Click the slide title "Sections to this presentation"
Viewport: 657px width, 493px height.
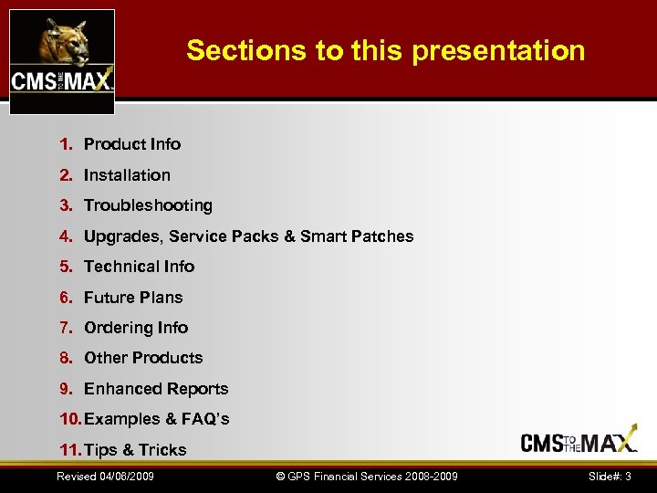(385, 50)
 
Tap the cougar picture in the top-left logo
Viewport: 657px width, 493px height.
(61, 41)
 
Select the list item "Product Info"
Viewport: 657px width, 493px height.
(132, 144)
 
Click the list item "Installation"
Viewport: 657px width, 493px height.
(127, 174)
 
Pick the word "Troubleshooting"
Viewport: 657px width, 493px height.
(148, 205)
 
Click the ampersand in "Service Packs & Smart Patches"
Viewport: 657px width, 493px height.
(290, 236)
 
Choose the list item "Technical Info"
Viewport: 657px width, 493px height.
(139, 267)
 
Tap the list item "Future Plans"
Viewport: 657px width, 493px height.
(133, 298)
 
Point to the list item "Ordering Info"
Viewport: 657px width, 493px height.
(136, 328)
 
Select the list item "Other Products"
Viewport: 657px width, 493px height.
(143, 358)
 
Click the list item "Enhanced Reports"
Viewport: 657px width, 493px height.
(156, 389)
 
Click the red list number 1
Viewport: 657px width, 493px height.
(65, 144)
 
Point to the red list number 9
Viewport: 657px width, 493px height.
(65, 389)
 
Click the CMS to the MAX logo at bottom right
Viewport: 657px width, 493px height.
(579, 442)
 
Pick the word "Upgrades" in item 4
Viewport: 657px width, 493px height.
(120, 236)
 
